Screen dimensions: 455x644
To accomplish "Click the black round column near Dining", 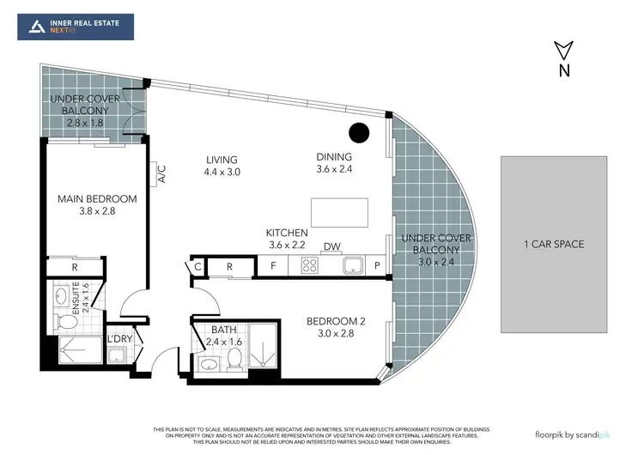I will (359, 133).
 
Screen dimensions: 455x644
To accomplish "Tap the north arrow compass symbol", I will (563, 57).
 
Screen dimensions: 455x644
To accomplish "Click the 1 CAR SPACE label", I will (554, 245).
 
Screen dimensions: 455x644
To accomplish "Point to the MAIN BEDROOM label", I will (97, 199).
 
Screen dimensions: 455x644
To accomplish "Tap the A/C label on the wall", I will (161, 174).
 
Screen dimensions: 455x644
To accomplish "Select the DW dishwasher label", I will (331, 247).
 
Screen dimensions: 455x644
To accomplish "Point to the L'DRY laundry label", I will (118, 338).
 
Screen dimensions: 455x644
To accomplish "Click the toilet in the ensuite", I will (64, 321).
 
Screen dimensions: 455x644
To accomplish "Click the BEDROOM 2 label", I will (337, 322).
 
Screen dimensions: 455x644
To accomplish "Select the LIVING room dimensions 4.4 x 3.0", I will (222, 172).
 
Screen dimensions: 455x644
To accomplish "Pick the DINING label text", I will (334, 156).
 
